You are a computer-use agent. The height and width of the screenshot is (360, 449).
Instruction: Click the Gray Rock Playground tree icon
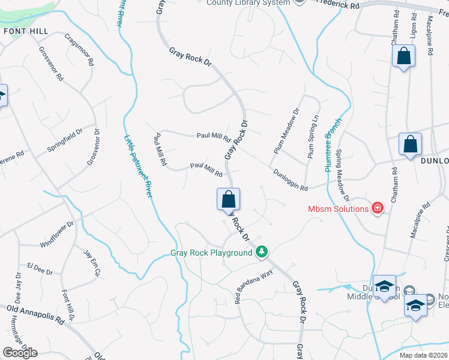coord(261,251)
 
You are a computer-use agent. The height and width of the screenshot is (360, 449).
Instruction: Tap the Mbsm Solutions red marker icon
coord(378,209)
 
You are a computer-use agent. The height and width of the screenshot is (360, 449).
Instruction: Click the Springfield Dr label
coord(66,142)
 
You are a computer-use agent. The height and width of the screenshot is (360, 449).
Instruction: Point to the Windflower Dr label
coord(57,235)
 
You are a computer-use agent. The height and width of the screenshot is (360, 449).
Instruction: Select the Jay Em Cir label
coord(91,263)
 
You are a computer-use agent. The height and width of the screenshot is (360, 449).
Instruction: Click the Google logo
coord(20,352)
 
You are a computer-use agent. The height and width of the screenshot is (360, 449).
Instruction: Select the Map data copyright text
coord(424,355)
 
